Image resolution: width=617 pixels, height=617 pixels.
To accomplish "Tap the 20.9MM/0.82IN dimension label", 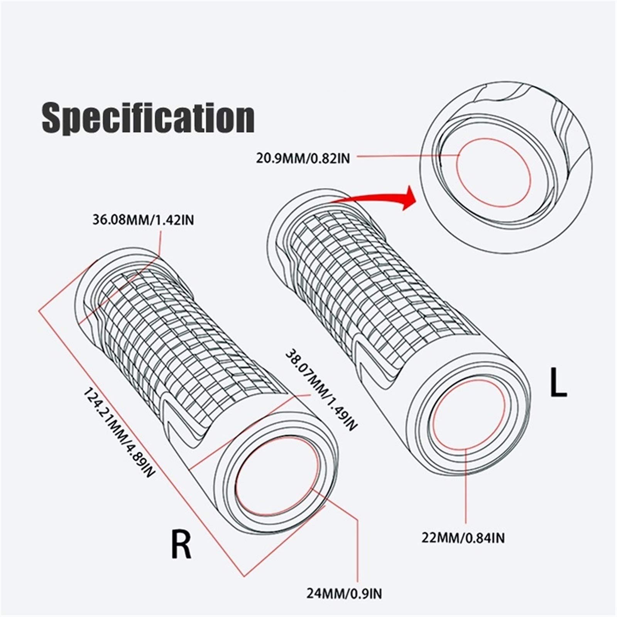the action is [x=303, y=158].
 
